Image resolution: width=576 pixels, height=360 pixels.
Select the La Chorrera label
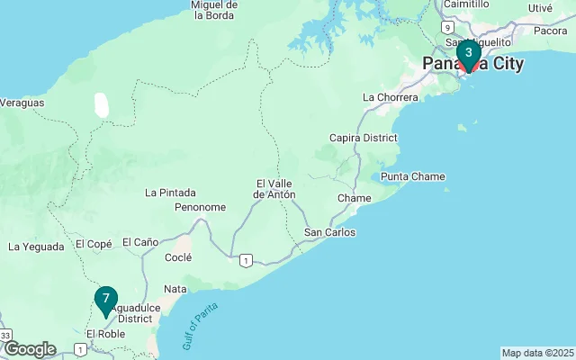pyautogui.click(x=390, y=97)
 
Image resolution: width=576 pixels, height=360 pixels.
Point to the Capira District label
pyautogui.click(x=364, y=138)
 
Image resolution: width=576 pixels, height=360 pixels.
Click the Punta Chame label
pyautogui.click(x=413, y=176)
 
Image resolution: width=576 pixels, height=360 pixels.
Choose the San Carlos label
pyautogui.click(x=329, y=232)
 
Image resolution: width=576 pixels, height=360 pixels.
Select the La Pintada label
pyautogui.click(x=170, y=192)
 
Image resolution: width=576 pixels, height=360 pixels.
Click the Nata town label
pyautogui.click(x=175, y=289)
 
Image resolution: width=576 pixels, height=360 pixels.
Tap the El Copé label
pyautogui.click(x=94, y=244)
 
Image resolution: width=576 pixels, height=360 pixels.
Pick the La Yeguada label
pyautogui.click(x=36, y=246)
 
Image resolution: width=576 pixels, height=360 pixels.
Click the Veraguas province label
pyautogui.click(x=22, y=103)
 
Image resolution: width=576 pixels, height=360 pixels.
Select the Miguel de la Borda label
pyautogui.click(x=213, y=9)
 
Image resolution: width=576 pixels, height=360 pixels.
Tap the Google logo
pyautogui.click(x=30, y=349)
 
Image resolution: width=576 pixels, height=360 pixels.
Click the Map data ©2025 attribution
pyautogui.click(x=537, y=353)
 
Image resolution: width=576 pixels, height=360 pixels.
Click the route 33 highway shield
pyautogui.click(x=5, y=336)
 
